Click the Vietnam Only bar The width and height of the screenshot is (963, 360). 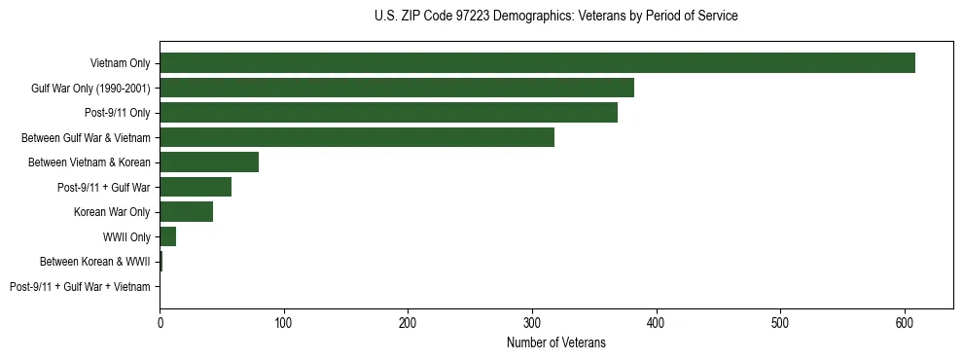click(537, 63)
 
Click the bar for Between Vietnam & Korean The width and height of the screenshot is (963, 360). click(209, 162)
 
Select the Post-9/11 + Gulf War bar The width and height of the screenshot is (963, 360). click(196, 187)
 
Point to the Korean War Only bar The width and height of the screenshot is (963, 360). click(186, 212)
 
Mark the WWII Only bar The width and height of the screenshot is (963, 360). click(167, 236)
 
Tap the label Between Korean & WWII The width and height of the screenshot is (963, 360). click(95, 262)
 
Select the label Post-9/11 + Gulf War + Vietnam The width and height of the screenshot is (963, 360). click(80, 287)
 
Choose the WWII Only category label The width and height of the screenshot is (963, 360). click(126, 237)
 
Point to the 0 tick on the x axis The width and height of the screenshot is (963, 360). click(160, 321)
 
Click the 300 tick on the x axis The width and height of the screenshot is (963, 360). click(532, 321)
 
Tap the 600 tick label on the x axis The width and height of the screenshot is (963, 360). click(905, 321)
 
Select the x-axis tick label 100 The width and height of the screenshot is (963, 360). click(284, 321)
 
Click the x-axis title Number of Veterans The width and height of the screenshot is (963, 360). click(555, 342)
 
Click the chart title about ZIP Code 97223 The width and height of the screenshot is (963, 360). click(555, 17)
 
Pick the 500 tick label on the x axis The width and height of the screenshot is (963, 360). click(780, 321)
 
